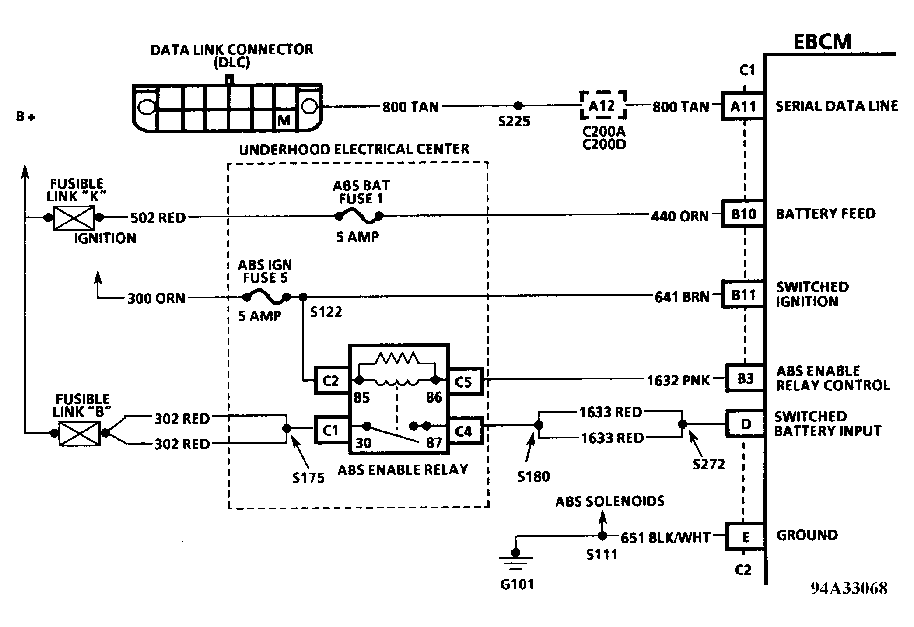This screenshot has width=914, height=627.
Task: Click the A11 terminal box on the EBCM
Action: tap(742, 106)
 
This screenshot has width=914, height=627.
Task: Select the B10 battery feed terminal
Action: tap(743, 214)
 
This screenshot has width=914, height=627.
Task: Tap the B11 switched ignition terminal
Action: tap(743, 294)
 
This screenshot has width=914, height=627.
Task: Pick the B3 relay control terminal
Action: tap(745, 378)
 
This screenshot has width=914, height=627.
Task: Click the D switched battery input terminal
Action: tap(745, 424)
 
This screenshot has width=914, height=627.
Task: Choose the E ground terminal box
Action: tap(745, 536)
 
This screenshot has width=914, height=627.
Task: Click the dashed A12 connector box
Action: tap(603, 105)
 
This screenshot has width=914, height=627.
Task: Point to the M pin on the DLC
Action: tap(284, 120)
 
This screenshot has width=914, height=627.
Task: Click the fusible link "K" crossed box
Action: tap(74, 217)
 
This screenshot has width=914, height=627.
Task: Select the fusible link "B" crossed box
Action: tap(79, 433)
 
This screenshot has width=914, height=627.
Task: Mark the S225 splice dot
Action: tap(518, 105)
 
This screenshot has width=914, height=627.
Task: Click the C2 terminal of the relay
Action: tap(331, 381)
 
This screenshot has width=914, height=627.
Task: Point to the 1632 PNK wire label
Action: tap(679, 380)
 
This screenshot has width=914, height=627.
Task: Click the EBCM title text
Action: tap(823, 42)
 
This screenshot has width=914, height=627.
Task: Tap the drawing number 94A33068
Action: tap(849, 588)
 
